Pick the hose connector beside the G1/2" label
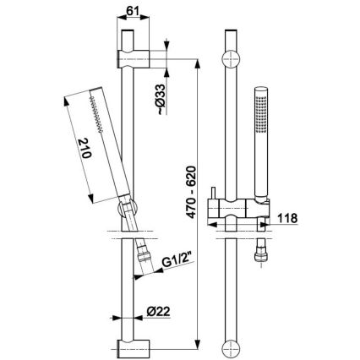145,251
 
